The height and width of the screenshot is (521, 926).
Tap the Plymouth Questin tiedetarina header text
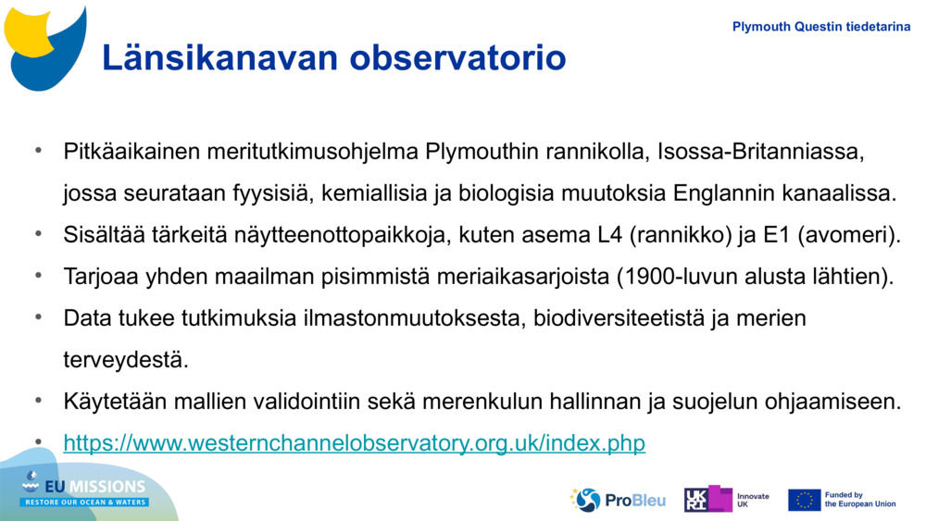820,27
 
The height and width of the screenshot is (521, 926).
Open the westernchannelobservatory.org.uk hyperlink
354,444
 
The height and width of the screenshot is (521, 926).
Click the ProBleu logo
618,500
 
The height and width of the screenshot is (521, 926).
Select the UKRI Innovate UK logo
726,500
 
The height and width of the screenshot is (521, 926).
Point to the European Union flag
804,500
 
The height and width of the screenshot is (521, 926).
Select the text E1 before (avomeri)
774,235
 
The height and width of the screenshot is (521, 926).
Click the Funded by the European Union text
860,500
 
